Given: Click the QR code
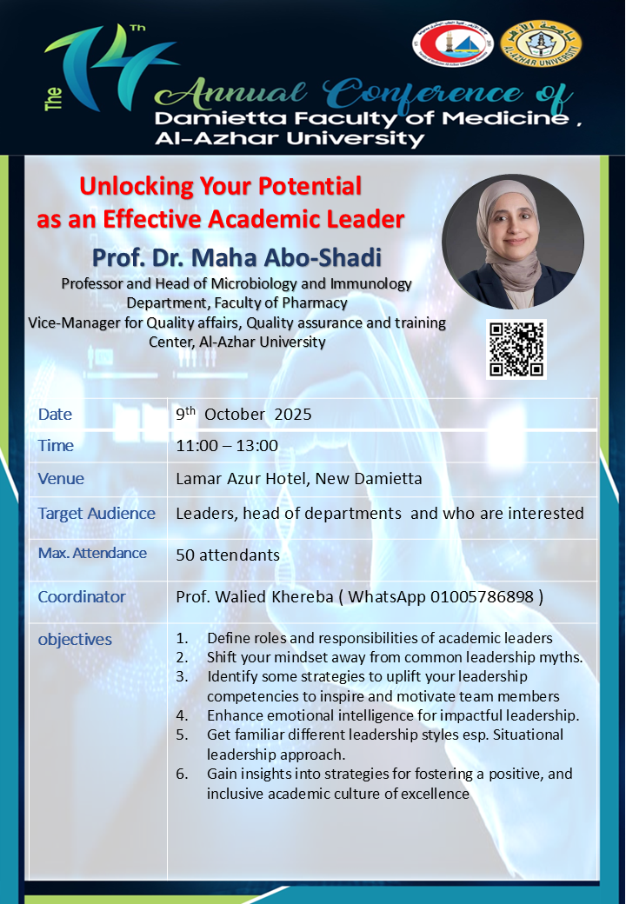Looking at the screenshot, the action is [516, 349].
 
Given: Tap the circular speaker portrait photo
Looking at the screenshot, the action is [513, 242].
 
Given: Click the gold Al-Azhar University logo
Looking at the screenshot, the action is [541, 43].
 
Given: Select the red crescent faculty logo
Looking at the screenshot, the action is [452, 43].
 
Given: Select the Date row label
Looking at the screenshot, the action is [56, 414].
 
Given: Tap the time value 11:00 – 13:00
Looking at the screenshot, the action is [227, 446].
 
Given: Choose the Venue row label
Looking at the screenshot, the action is [61, 479].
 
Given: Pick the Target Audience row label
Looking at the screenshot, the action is [97, 513].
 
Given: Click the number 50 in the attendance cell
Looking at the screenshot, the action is [185, 555].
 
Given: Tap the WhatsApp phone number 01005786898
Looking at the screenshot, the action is [482, 596].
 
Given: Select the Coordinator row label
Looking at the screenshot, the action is [82, 596].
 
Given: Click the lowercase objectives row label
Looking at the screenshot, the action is [75, 640].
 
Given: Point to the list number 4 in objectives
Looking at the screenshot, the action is [183, 715].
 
